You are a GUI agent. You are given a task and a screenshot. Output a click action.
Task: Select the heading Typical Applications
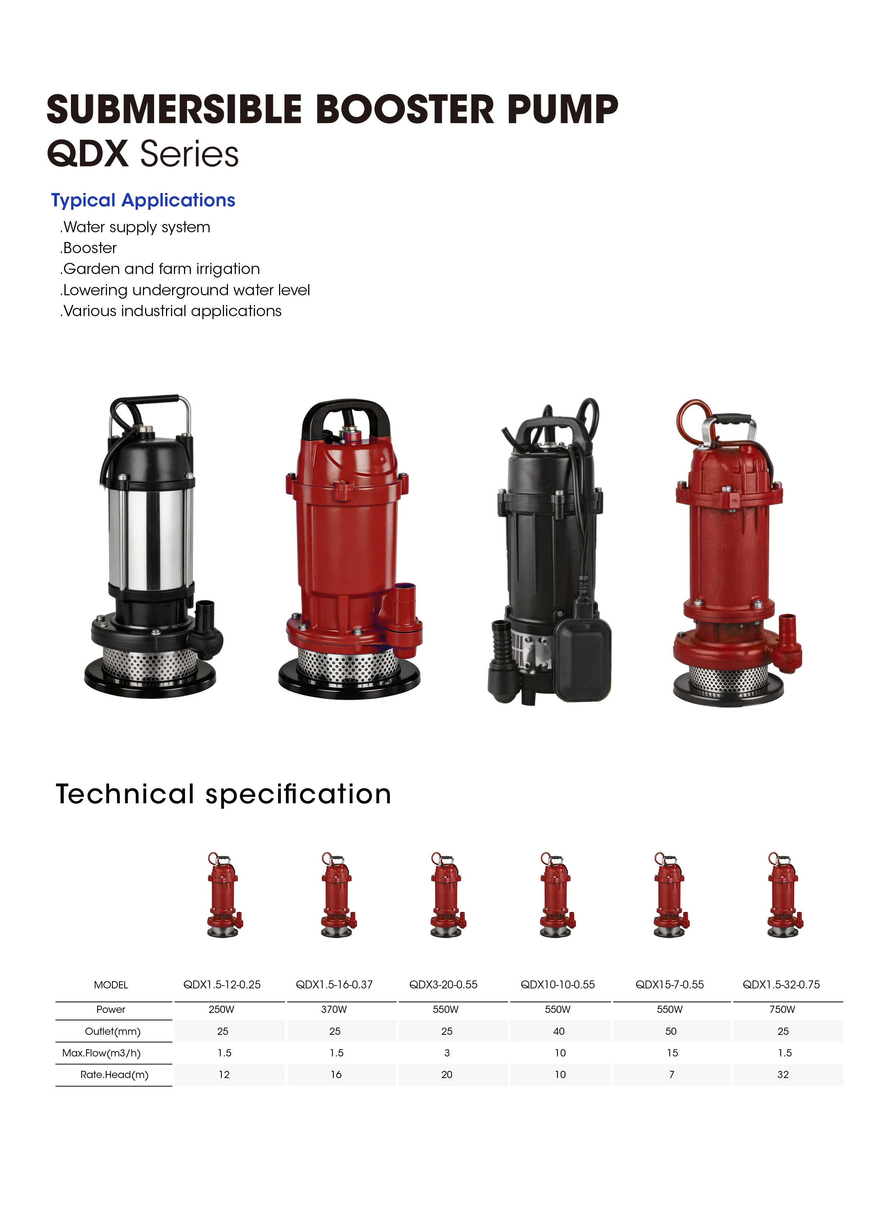coord(143,201)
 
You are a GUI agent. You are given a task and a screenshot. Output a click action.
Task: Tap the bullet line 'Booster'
coord(88,248)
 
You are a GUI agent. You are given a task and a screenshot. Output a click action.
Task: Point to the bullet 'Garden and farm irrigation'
coord(160,269)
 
